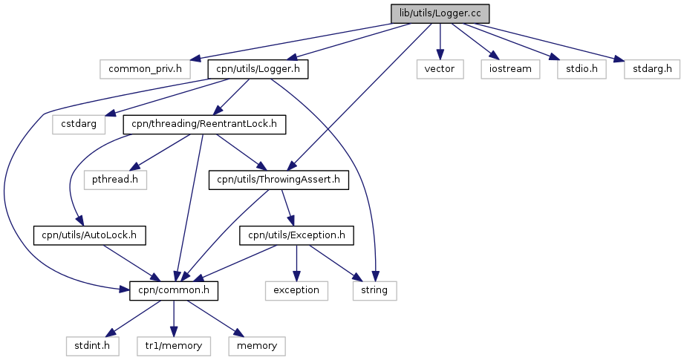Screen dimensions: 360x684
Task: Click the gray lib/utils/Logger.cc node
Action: [x=440, y=13]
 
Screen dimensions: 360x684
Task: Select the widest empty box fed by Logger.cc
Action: [x=145, y=69]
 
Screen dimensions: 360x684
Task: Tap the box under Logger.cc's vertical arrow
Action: [x=440, y=69]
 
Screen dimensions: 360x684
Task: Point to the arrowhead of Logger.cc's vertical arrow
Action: [x=440, y=55]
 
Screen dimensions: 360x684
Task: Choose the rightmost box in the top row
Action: [x=651, y=69]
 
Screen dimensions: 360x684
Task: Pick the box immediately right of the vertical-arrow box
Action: [x=509, y=69]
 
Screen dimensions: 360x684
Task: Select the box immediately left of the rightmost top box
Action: [x=582, y=69]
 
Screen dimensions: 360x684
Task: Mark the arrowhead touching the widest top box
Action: [x=195, y=58]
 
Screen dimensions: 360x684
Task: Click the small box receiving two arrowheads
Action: [x=374, y=291]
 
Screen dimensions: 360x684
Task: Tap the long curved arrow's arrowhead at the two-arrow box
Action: [x=375, y=277]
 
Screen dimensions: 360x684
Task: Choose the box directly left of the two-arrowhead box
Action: [x=296, y=291]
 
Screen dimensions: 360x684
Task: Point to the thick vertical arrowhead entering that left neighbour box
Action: [x=296, y=276]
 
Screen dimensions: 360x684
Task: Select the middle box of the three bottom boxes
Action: [x=174, y=346]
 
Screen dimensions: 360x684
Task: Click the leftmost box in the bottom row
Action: [x=92, y=346]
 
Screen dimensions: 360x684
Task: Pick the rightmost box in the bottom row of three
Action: [x=256, y=346]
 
